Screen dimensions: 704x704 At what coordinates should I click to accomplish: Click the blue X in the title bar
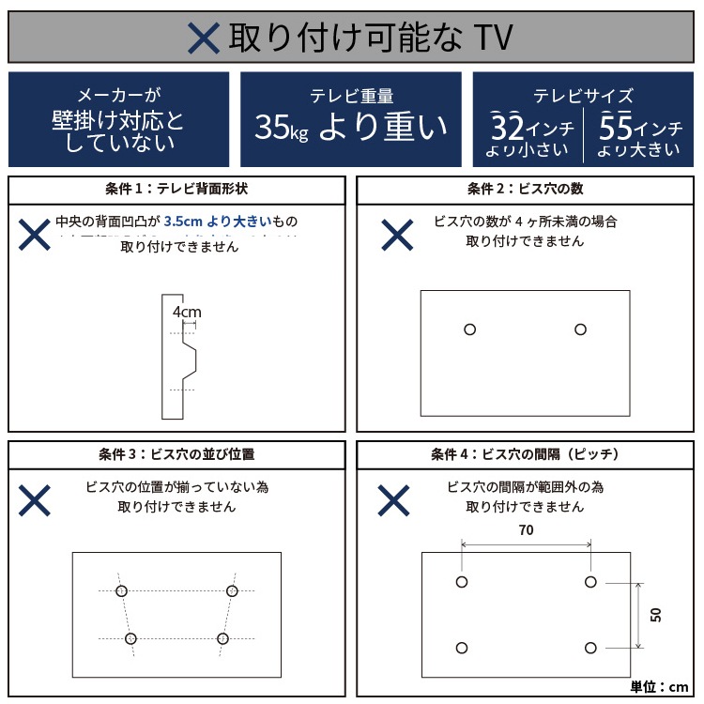pyautogui.click(x=204, y=37)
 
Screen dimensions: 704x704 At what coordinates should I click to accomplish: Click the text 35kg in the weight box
pyautogui.click(x=281, y=127)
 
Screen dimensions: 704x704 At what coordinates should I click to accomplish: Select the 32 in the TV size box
pyautogui.click(x=508, y=125)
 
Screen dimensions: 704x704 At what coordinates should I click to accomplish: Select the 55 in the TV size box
pyautogui.click(x=615, y=125)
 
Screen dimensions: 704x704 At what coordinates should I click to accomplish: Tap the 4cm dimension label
pyautogui.click(x=187, y=312)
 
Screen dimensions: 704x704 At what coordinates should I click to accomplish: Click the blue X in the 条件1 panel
pyautogui.click(x=35, y=234)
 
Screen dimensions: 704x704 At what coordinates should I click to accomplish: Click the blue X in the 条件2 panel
pyautogui.click(x=396, y=234)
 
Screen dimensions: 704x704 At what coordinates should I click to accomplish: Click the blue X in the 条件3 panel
pyautogui.click(x=35, y=500)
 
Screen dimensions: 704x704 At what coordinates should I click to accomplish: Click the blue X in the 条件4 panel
pyautogui.click(x=394, y=500)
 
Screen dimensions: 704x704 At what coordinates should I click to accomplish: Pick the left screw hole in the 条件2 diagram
pyautogui.click(x=470, y=329)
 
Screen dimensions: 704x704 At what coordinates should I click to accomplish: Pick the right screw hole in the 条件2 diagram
pyautogui.click(x=580, y=329)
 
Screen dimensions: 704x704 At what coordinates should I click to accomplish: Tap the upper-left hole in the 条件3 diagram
pyautogui.click(x=121, y=590)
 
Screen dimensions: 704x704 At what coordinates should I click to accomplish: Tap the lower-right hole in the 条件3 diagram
pyautogui.click(x=222, y=638)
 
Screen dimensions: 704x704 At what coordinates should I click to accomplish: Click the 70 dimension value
pyautogui.click(x=526, y=530)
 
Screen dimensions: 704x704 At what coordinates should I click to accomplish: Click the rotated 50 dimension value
pyautogui.click(x=656, y=615)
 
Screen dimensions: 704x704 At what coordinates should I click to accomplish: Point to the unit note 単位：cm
pyautogui.click(x=660, y=686)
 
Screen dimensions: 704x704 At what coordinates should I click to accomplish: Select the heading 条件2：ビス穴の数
pyautogui.click(x=525, y=189)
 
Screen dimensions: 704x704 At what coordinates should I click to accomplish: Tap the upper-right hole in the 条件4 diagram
pyautogui.click(x=590, y=582)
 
